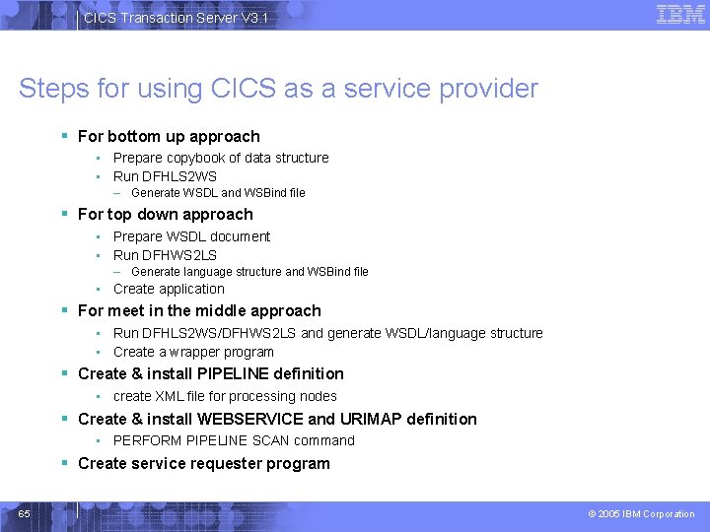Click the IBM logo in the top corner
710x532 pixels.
coord(680,14)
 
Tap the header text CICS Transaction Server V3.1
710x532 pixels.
coord(176,18)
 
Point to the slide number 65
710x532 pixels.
coord(25,514)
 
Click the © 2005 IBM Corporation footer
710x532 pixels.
coord(641,514)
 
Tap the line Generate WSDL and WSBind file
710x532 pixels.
coord(218,193)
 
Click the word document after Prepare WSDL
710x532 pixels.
coord(240,236)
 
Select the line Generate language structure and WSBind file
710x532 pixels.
coord(249,272)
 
